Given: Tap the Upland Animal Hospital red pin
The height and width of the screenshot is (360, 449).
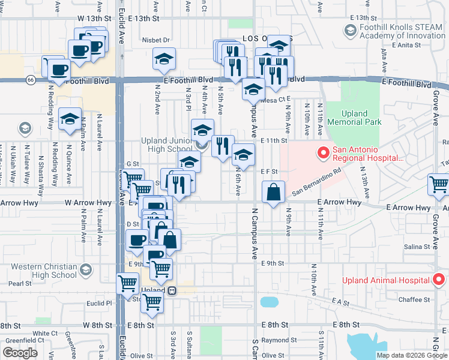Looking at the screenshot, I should (439, 280).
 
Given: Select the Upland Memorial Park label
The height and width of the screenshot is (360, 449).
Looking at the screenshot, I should (361, 118).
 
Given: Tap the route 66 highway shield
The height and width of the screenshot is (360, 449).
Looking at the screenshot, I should (29, 79).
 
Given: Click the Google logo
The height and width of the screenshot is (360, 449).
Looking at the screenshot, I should (20, 353).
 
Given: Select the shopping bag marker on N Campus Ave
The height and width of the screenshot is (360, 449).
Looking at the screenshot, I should (274, 193).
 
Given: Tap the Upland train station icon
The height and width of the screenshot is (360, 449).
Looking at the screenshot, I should (172, 290).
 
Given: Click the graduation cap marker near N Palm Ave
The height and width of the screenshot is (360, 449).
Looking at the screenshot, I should (70, 118).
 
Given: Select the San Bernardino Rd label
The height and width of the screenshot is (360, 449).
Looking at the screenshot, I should (317, 181).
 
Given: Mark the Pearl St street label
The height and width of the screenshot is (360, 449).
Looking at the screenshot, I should (20, 283).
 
